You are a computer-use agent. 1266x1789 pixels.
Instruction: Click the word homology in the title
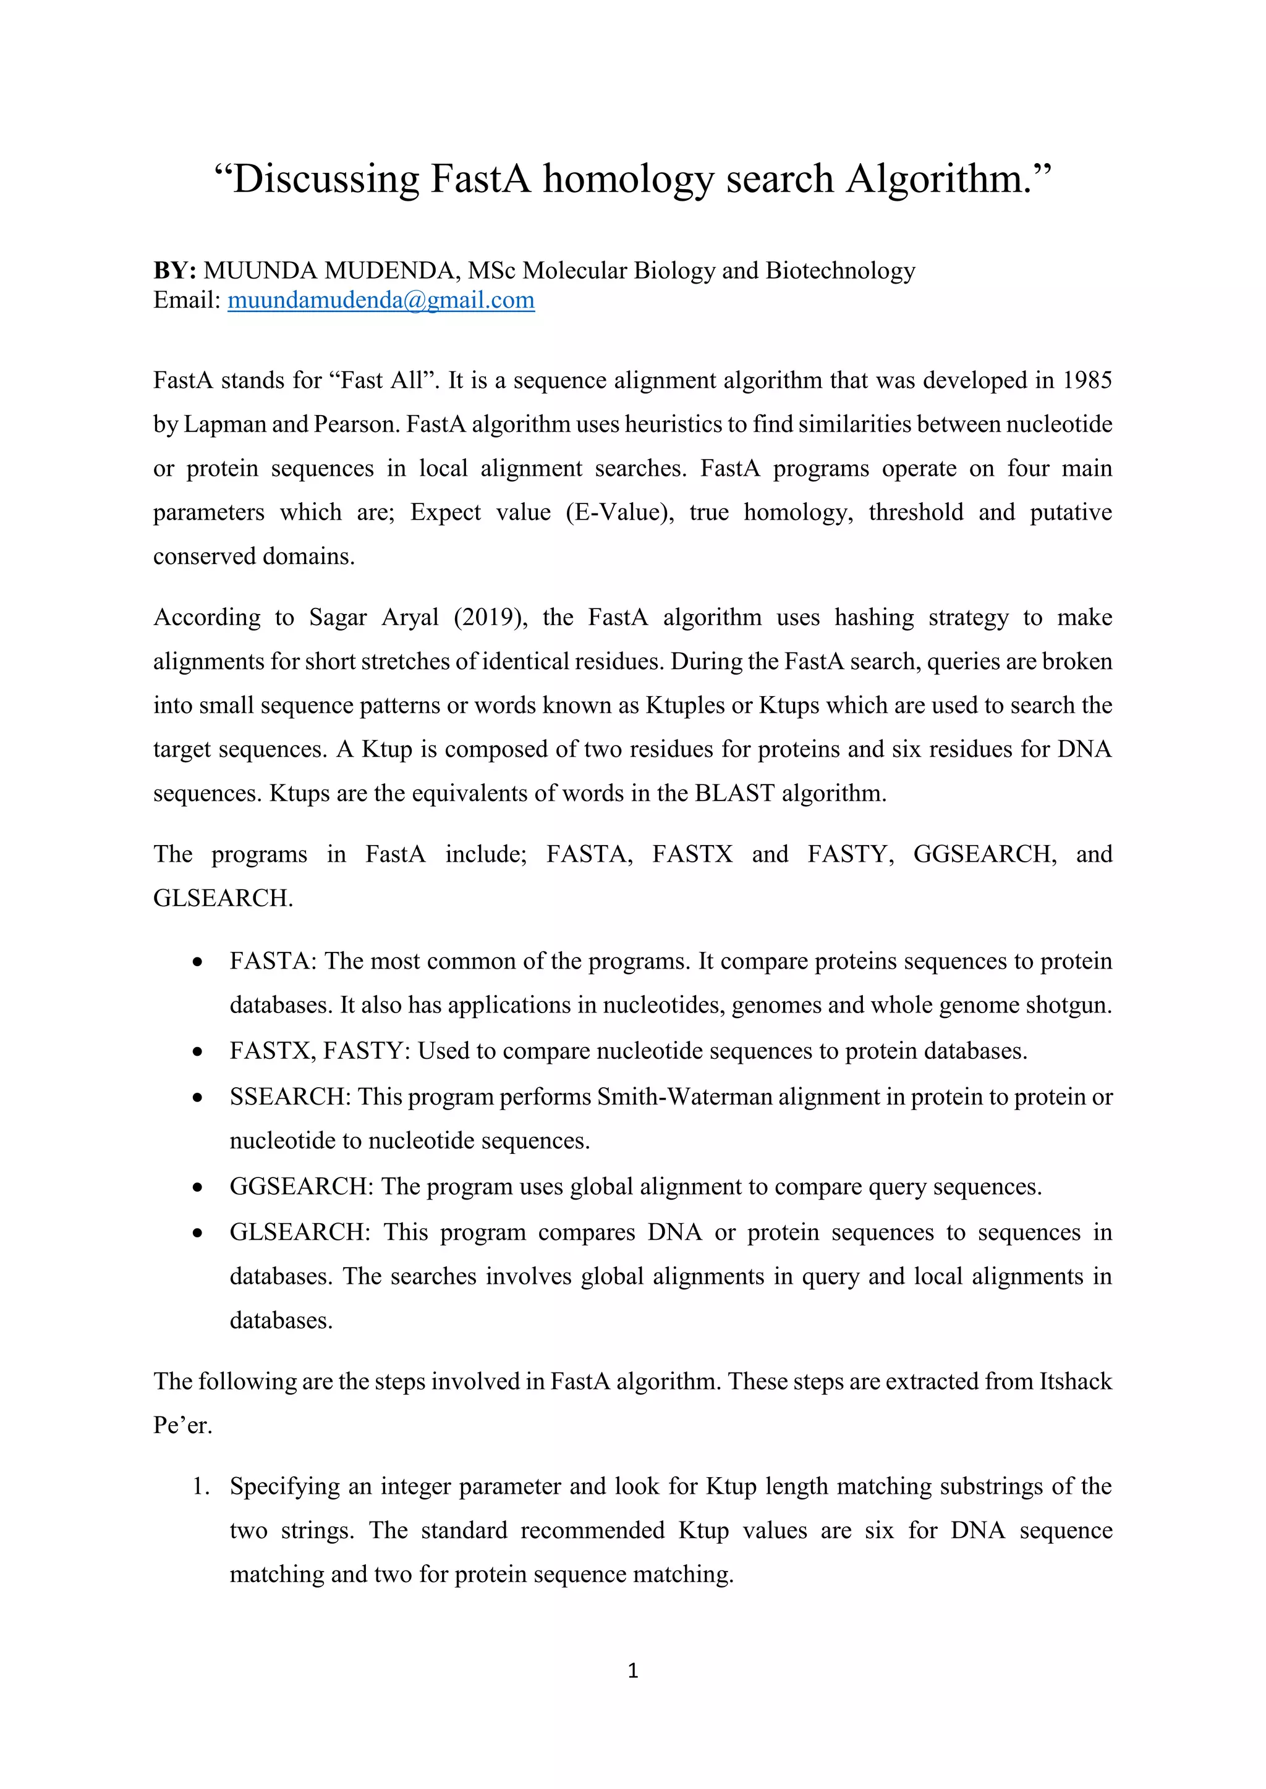[x=627, y=180]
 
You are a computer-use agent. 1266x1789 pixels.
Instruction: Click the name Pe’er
[x=182, y=1425]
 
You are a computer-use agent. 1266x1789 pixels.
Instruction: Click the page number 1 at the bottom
[x=632, y=1670]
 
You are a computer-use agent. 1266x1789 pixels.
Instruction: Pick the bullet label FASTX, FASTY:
[x=320, y=1051]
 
